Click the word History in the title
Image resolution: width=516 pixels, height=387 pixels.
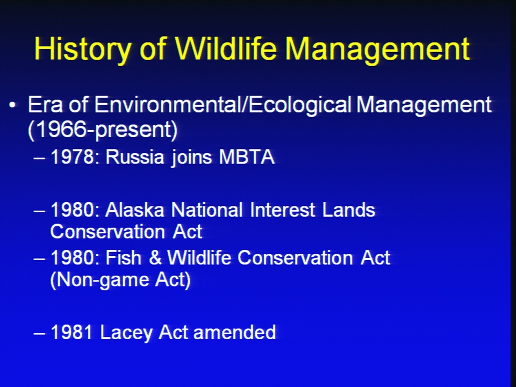coord(82,49)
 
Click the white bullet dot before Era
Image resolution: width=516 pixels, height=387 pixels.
coord(12,105)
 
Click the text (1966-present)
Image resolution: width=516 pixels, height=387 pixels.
coord(103,130)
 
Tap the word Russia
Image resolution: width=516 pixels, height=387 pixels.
coord(134,156)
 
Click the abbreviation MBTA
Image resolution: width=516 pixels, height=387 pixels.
coord(247,156)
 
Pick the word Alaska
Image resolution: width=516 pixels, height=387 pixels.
coord(134,210)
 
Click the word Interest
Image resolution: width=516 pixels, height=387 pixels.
coord(282,210)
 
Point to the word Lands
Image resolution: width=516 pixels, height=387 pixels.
coord(348,210)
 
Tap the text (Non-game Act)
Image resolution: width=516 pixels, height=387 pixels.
coord(120,280)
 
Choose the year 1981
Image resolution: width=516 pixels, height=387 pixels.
coord(71,332)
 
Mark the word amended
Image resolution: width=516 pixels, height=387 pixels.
coord(235,332)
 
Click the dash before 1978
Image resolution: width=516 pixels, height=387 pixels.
coord(39,158)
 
